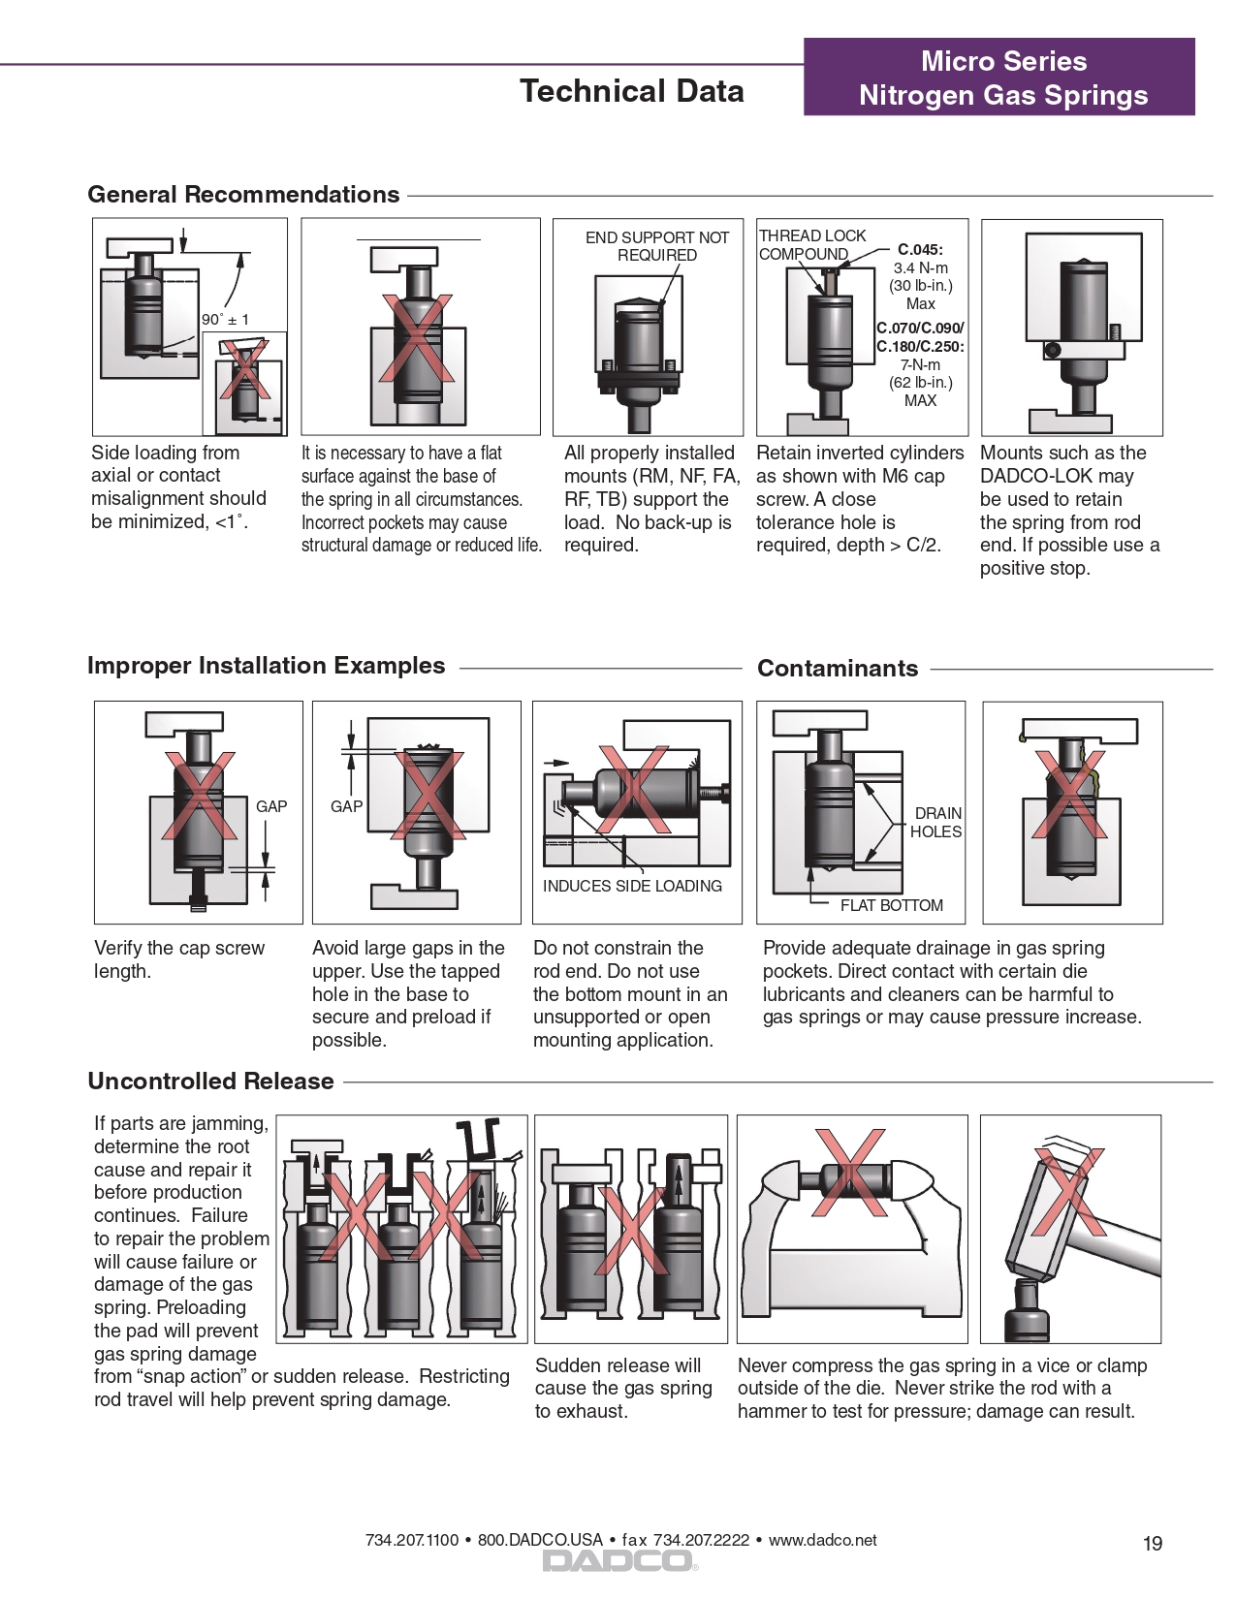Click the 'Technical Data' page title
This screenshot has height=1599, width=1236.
(x=631, y=91)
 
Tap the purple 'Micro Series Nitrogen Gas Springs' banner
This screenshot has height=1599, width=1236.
(x=1002, y=78)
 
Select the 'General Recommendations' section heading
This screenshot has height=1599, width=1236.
(x=243, y=195)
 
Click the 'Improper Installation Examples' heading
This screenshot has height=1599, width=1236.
(x=266, y=666)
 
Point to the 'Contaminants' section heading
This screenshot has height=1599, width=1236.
(x=837, y=669)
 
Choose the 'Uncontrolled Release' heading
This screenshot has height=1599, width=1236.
(x=210, y=1082)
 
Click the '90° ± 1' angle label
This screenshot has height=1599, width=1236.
(x=225, y=320)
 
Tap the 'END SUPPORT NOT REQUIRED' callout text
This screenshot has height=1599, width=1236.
(x=656, y=246)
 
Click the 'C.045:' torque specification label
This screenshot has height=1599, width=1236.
(x=919, y=250)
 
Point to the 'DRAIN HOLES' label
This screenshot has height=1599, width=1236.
(x=936, y=823)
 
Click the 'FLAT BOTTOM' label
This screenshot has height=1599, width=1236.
(x=891, y=906)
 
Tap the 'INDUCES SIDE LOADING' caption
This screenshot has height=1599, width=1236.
(x=632, y=887)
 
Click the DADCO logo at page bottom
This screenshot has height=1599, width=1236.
(x=618, y=1560)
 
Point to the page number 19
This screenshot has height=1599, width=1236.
(x=1152, y=1544)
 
